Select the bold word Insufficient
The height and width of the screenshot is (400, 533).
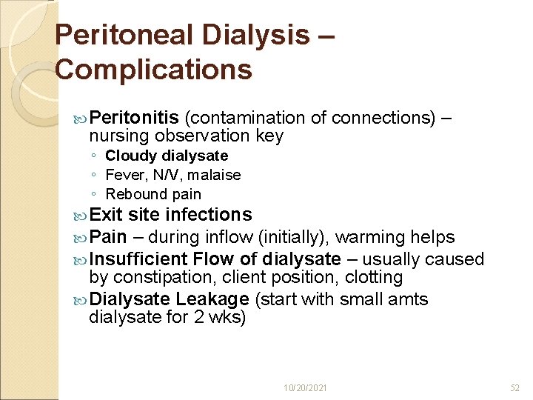(138, 259)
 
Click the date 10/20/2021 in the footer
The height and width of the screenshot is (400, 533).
(306, 387)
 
